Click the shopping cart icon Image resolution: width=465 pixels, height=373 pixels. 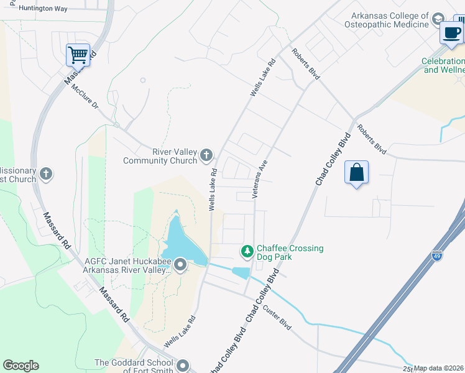click(x=78, y=55)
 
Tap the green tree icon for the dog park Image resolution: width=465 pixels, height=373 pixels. click(x=247, y=252)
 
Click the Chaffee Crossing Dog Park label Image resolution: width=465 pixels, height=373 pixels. click(x=290, y=252)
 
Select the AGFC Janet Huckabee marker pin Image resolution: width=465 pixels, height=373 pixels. click(x=181, y=265)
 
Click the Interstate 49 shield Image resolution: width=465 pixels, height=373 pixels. click(x=438, y=256)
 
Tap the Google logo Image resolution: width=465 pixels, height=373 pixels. click(x=21, y=365)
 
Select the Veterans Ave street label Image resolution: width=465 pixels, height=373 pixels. click(x=260, y=179)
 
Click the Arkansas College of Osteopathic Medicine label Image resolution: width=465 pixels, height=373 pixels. click(x=389, y=20)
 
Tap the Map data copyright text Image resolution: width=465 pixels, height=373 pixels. click(x=438, y=368)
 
